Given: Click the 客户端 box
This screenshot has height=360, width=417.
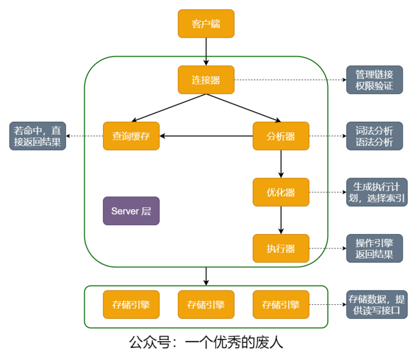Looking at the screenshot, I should (206, 23).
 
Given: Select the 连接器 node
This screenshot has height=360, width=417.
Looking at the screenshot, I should (206, 80).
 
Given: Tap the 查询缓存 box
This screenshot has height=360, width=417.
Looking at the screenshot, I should (131, 136).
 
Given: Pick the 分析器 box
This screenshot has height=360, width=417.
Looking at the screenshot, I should (281, 136).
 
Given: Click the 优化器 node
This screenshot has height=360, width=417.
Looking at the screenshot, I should (281, 192).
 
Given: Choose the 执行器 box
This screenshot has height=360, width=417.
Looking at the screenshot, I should (281, 248).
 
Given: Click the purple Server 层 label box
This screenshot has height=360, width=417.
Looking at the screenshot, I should (131, 211).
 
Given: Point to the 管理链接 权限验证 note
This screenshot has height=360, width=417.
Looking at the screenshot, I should (374, 80).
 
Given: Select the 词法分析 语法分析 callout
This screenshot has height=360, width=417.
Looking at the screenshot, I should (374, 136).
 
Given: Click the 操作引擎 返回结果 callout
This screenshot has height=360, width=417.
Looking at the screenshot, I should (374, 248).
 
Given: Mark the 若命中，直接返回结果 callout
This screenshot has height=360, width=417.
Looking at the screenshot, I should (38, 136).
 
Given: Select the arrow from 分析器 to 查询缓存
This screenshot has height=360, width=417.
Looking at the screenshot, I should (206, 136).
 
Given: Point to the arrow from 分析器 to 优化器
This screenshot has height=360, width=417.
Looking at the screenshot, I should (281, 164).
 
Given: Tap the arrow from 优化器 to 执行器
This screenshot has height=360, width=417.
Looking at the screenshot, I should (281, 220).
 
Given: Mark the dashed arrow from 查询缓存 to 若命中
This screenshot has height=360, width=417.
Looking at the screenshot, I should (84, 136).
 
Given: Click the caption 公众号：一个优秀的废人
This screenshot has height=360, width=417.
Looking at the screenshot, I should (206, 342).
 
